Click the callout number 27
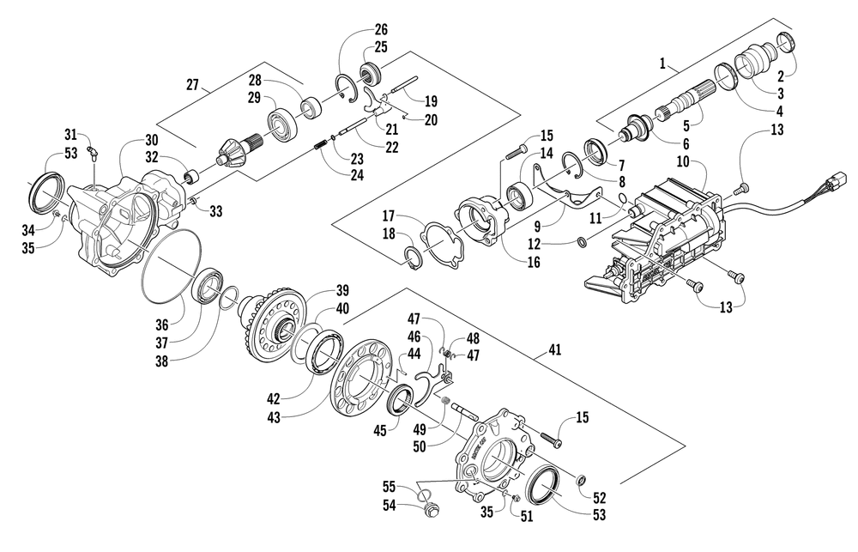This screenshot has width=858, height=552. [192, 85]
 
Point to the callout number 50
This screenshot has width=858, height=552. [420, 446]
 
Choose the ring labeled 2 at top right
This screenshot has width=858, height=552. [786, 42]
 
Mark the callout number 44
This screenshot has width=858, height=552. [414, 354]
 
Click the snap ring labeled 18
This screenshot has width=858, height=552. [412, 258]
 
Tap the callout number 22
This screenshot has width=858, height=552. [391, 148]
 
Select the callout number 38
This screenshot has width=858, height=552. [161, 361]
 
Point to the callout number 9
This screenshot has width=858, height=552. [537, 225]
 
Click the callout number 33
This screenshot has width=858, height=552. [216, 211]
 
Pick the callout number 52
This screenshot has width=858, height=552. [600, 497]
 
